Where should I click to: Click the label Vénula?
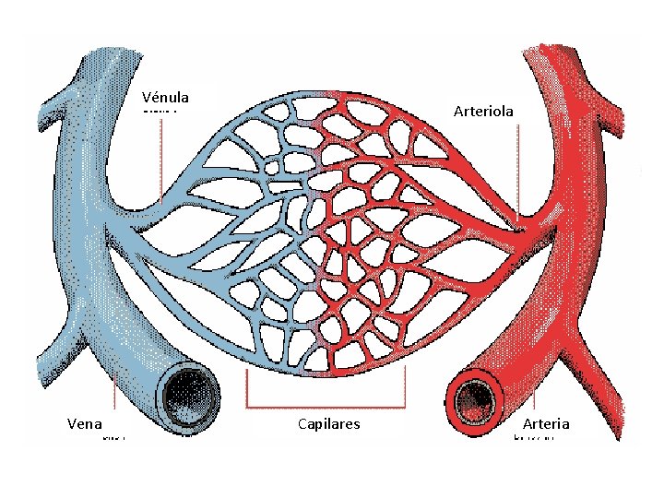pos(166,97)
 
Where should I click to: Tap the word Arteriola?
pos(484,111)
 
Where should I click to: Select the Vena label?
pos(85,424)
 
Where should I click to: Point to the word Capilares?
pos(329,424)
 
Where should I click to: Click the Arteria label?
pos(546,424)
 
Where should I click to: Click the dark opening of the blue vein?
pos(190,397)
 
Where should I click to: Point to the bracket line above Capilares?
pos(326,406)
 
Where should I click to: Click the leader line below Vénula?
pos(162,157)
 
